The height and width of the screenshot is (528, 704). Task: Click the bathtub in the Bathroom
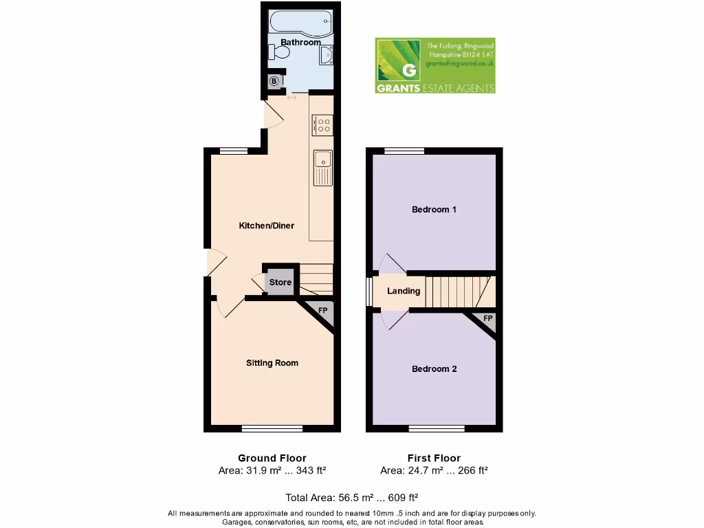click(300, 22)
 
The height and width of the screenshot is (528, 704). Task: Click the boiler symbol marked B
click(274, 82)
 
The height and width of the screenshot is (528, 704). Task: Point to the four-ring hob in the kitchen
click(322, 124)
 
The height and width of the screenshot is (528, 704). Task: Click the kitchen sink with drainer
click(322, 167)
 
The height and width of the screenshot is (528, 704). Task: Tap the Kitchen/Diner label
click(266, 225)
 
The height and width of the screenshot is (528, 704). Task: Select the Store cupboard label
click(280, 283)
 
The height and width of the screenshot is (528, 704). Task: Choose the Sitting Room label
click(272, 363)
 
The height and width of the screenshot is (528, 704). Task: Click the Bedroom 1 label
click(434, 210)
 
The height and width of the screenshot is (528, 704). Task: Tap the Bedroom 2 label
click(434, 369)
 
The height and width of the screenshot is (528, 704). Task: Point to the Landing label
click(404, 291)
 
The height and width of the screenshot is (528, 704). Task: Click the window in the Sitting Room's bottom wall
click(272, 429)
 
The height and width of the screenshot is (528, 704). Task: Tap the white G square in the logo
click(409, 70)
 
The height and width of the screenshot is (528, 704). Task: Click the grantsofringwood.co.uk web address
click(459, 63)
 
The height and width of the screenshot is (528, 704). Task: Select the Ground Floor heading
click(272, 458)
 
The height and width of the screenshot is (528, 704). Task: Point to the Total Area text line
click(352, 497)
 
